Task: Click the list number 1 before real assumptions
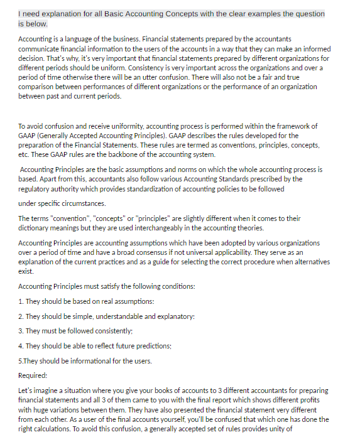click(21, 301)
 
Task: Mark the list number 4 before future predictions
click(21, 346)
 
